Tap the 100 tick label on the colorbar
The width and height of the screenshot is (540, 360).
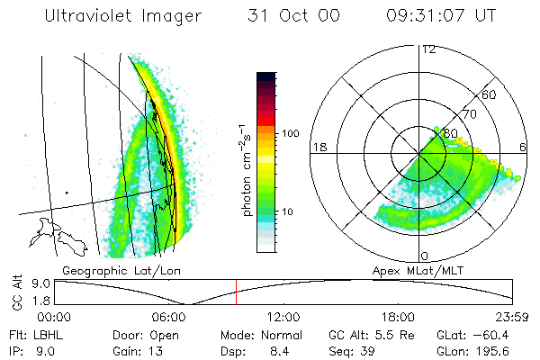pos(290,133)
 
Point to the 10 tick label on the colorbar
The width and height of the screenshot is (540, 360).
pos(290,212)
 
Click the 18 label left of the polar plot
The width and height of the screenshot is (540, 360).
pos(319,147)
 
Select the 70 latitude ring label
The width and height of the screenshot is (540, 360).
pos(469,115)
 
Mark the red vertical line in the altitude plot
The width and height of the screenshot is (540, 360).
pos(236,292)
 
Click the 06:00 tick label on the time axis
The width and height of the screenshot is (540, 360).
pos(169,317)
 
